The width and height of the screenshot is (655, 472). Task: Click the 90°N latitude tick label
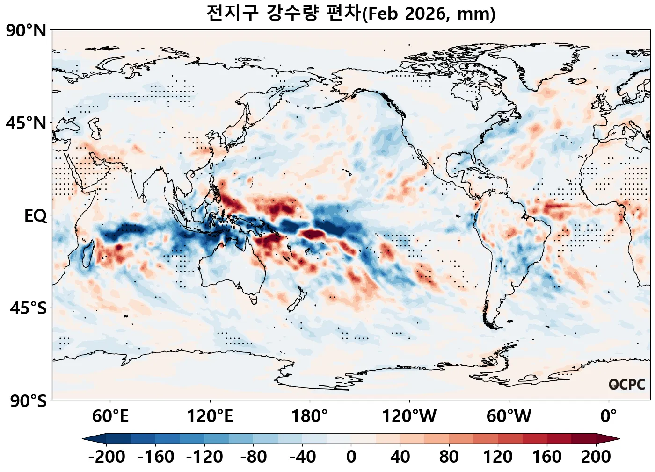[26, 31]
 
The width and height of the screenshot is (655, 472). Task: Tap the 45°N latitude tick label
[26, 123]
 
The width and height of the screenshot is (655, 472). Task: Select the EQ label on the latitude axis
[36, 216]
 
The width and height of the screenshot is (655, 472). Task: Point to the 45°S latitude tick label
[28, 308]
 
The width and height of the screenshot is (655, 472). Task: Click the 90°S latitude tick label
[28, 401]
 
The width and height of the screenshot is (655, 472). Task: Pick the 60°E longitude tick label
[110, 416]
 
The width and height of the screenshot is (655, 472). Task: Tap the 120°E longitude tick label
[210, 416]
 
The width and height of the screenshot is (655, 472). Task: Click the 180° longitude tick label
[309, 416]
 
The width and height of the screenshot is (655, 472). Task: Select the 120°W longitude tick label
[409, 416]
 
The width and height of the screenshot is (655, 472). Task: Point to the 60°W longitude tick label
[509, 416]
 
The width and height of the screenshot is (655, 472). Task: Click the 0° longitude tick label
[608, 416]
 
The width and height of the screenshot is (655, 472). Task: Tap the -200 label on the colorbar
[106, 457]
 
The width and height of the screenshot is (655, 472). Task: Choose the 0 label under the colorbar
[351, 457]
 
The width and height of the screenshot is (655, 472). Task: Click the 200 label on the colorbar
[596, 457]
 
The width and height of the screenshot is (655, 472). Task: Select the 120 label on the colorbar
[498, 457]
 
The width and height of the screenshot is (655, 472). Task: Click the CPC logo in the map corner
[627, 385]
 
